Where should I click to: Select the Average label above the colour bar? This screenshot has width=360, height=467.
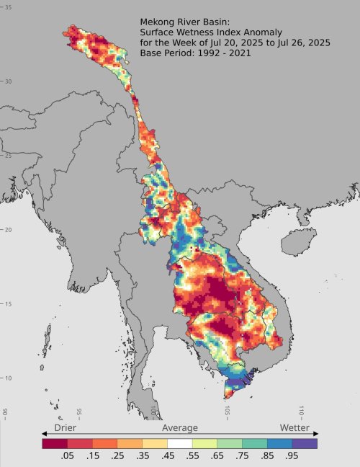tap(179, 427)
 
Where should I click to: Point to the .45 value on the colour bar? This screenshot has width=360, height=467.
tap(166, 456)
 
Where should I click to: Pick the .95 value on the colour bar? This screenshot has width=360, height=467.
tap(291, 456)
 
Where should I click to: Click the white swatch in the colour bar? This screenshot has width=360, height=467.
tap(180, 443)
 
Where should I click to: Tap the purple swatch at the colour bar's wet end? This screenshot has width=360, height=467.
tap(305, 443)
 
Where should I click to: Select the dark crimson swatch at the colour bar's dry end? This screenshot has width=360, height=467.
tap(55, 443)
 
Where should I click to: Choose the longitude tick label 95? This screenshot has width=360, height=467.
tap(79, 412)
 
